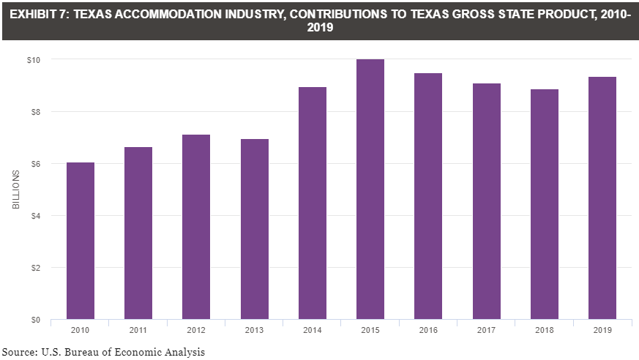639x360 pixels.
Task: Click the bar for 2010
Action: (81, 241)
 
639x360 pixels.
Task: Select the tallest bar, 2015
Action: (370, 190)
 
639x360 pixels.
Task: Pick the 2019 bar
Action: (602, 198)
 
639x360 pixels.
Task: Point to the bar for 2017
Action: (487, 201)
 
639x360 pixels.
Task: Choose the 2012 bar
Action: (196, 227)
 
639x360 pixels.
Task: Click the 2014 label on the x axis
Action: (312, 330)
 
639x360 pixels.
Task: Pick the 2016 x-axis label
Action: (428, 330)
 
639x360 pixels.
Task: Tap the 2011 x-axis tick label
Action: (138, 330)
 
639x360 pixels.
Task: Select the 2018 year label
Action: (545, 330)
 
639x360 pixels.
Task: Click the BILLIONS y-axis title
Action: (15, 190)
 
